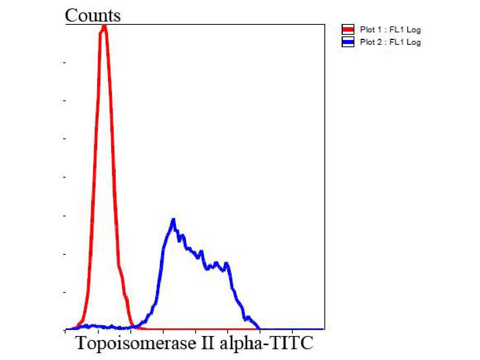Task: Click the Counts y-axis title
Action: coord(92,16)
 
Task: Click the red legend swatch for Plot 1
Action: coord(348,30)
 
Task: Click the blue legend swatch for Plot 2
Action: coord(348,42)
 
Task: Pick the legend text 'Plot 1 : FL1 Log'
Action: coord(390,30)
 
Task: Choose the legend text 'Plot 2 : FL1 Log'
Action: coord(390,42)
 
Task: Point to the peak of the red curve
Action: coord(104,26)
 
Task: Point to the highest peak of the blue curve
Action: coord(173,220)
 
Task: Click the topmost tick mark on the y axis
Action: coord(65,62)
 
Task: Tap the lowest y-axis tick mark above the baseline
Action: coord(65,292)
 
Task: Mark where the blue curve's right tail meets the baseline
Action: coord(260,329)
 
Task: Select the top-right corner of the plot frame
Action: coord(324,25)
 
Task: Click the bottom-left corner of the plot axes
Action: coord(66,329)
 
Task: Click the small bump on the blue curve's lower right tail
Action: coord(248,318)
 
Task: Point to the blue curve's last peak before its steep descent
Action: coord(227,264)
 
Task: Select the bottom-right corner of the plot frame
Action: coord(324,329)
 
